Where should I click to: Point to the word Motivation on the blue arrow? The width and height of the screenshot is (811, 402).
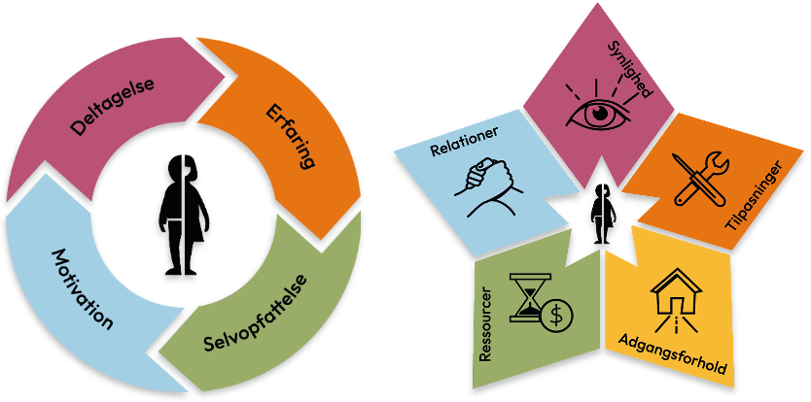82,289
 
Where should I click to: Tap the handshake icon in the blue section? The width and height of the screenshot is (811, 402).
489,185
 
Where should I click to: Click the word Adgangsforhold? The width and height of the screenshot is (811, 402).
672,354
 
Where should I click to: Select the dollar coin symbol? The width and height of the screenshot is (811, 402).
557,314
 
